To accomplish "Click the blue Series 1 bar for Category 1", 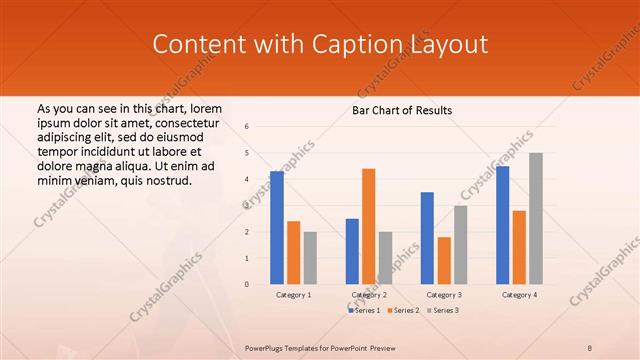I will pyautogui.click(x=277, y=228).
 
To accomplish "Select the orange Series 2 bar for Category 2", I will pyautogui.click(x=368, y=226).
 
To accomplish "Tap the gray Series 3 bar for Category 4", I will pyautogui.click(x=536, y=218).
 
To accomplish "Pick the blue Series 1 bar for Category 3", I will pyautogui.click(x=427, y=238).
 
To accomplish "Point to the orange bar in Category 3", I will pyautogui.click(x=444, y=260).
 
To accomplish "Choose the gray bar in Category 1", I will pyautogui.click(x=310, y=257).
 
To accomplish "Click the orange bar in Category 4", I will pyautogui.click(x=519, y=247).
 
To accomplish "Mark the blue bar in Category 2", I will pyautogui.click(x=352, y=251).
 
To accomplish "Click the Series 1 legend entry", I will pyautogui.click(x=364, y=311).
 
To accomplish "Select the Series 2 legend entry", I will pyautogui.click(x=404, y=311).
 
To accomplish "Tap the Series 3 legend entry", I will pyautogui.click(x=443, y=311).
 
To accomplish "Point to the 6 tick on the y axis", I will pyautogui.click(x=247, y=127).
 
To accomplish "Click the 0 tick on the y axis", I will pyautogui.click(x=247, y=284).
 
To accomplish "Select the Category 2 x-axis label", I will pyautogui.click(x=368, y=295).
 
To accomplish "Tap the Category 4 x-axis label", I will pyautogui.click(x=518, y=295).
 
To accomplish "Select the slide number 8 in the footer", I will pyautogui.click(x=590, y=347).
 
